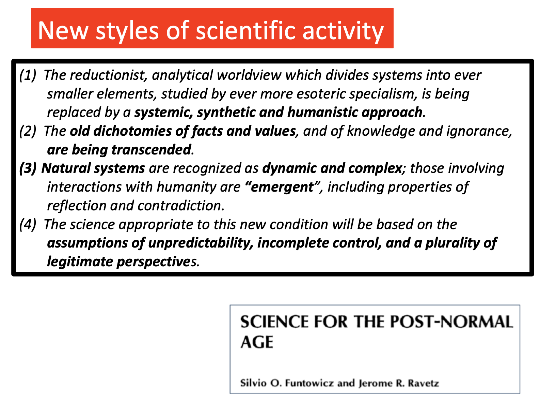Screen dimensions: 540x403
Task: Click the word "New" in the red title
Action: tap(63, 31)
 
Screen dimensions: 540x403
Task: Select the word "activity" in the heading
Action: tap(343, 31)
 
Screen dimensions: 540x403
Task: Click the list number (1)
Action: tap(28, 75)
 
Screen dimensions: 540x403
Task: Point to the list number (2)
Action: tap(28, 131)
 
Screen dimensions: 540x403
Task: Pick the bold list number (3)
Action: tap(28, 168)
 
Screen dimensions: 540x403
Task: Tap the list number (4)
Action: tap(28, 224)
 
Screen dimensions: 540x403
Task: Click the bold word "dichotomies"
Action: tap(132, 131)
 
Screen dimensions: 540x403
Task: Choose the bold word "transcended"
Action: tap(151, 150)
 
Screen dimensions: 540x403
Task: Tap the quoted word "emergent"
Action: tap(282, 187)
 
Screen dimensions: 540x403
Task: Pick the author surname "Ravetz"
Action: tap(423, 383)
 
